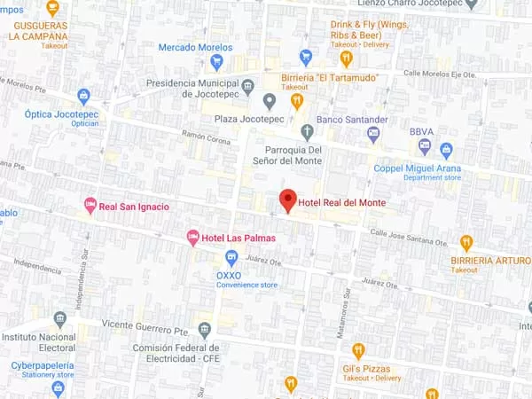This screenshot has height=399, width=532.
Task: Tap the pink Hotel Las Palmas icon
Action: coord(192,238)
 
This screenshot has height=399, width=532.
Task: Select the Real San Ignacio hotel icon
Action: coord(90,206)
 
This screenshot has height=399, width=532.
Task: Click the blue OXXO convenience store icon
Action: coord(231,258)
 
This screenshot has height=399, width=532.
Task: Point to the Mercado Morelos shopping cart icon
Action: coord(217,62)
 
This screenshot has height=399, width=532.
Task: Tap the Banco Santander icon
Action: coord(373,135)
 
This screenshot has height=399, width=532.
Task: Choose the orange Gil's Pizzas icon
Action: coord(358,350)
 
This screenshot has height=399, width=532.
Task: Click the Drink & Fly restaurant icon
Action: coord(346,59)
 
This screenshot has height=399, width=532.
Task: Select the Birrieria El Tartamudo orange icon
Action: coord(297,100)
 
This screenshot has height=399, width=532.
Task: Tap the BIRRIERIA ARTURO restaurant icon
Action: coord(466,243)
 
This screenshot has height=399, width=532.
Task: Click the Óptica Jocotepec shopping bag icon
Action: coord(84,97)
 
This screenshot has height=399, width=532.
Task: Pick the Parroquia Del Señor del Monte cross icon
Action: coord(308,133)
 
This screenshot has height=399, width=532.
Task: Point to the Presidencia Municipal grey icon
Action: coord(246,86)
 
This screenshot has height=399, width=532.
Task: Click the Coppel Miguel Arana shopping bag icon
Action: coord(446,150)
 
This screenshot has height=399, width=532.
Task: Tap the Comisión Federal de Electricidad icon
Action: coord(205,331)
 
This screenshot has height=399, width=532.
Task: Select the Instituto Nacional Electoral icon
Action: coord(59,319)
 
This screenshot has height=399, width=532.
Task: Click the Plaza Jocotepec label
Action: coord(245,119)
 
